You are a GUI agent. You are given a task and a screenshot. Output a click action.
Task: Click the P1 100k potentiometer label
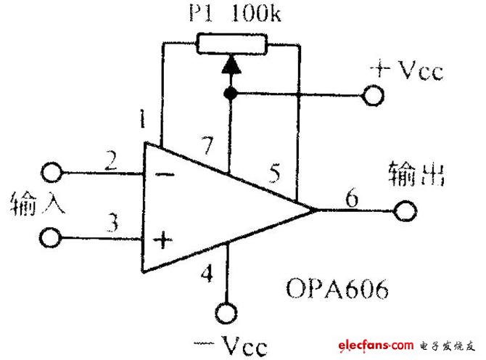(235, 13)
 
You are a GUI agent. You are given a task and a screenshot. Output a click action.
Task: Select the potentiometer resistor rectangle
(231, 44)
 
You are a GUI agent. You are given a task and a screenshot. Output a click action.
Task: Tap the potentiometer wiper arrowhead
(231, 64)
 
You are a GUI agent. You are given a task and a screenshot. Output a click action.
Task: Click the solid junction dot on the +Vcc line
(230, 93)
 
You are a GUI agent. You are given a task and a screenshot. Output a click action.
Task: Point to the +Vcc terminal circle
(373, 96)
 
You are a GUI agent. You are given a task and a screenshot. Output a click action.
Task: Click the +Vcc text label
(407, 70)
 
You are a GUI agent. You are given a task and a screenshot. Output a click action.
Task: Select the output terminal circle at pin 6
(405, 211)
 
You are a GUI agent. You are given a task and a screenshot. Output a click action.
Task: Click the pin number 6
(352, 198)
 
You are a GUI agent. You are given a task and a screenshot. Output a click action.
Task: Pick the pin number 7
(207, 145)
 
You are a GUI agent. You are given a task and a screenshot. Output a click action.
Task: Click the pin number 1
(142, 118)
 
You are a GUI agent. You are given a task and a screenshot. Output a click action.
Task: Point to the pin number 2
(111, 160)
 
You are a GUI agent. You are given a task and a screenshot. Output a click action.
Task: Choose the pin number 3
(112, 222)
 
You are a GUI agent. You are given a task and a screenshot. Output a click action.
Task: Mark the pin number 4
(207, 273)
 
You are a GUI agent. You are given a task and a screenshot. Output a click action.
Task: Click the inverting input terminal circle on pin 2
(52, 172)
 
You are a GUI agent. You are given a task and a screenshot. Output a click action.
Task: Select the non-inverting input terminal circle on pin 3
(50, 238)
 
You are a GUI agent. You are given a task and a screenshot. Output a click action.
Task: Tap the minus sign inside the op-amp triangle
(165, 175)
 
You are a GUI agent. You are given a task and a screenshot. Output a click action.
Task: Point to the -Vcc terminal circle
(226, 313)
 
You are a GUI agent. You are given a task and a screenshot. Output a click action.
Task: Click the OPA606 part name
(337, 288)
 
